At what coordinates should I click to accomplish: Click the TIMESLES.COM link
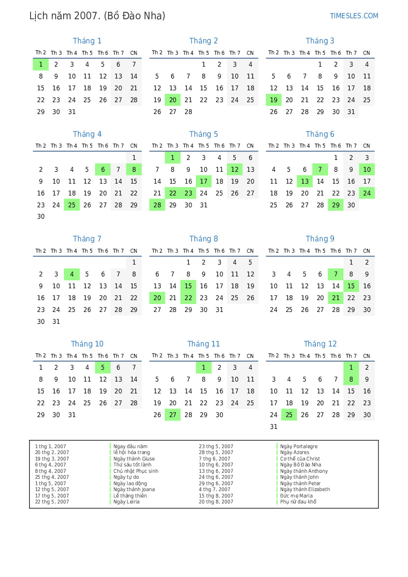[x=354, y=16]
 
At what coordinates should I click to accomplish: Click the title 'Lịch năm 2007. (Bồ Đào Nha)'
[x=97, y=16]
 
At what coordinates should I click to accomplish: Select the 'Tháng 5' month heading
[x=203, y=134]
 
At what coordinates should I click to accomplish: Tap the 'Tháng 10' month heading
[x=87, y=344]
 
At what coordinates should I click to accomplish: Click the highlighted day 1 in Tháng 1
[x=40, y=64]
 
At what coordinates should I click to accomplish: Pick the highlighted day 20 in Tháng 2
[x=173, y=100]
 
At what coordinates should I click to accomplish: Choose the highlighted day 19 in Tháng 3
[x=273, y=100]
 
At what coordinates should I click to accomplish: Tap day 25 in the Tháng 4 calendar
[x=72, y=205]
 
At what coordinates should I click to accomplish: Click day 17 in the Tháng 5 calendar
[x=203, y=182]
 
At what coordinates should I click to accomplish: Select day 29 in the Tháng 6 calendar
[x=335, y=205]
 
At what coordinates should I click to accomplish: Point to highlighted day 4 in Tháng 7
[x=72, y=274]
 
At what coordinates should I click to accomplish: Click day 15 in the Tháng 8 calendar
[x=188, y=286]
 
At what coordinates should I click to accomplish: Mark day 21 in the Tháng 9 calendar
[x=335, y=298]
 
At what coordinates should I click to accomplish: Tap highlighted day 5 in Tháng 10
[x=103, y=367]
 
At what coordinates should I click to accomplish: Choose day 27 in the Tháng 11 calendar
[x=173, y=415]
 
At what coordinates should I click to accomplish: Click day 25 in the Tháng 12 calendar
[x=289, y=415]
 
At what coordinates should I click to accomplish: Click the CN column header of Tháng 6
[x=367, y=146]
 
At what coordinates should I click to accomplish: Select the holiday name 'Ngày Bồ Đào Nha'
[x=300, y=465]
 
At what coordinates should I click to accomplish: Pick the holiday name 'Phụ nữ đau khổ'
[x=298, y=502]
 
